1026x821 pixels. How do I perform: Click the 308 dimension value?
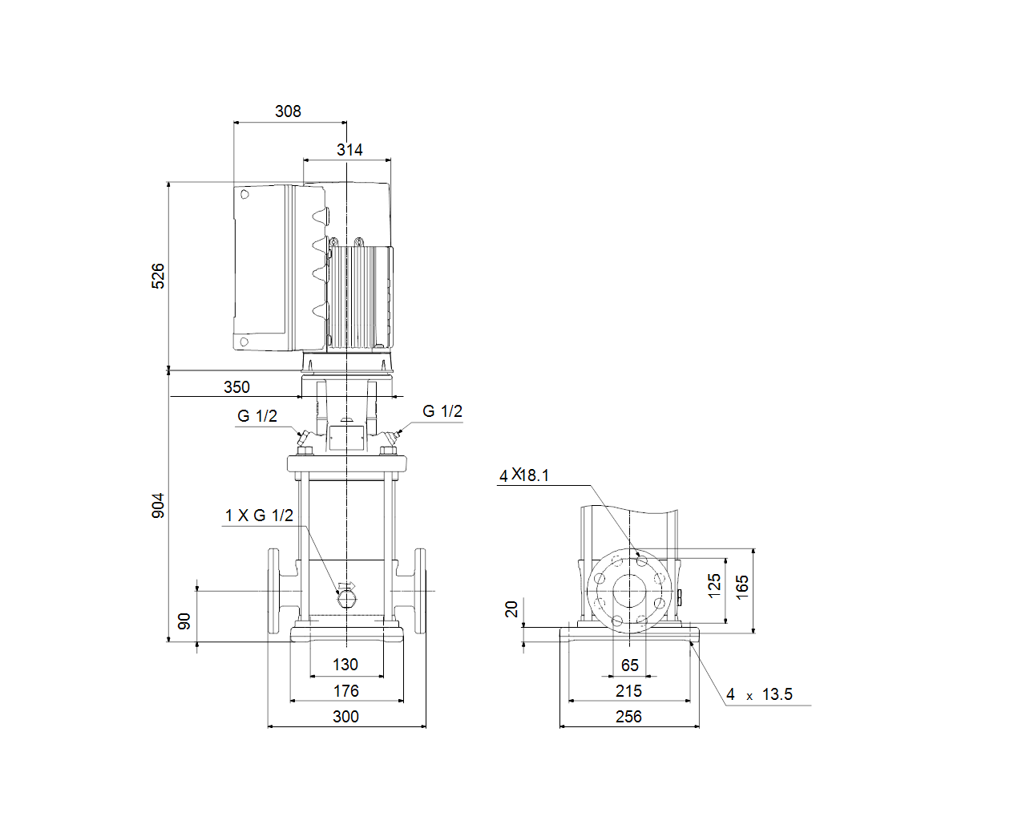click(288, 111)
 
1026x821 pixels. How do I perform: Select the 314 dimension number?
click(349, 150)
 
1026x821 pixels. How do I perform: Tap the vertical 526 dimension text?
click(158, 276)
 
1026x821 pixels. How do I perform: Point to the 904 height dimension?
click(158, 506)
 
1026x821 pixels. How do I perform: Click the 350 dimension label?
click(236, 387)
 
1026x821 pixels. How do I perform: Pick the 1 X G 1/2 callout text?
click(259, 516)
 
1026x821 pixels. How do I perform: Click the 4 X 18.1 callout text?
click(524, 475)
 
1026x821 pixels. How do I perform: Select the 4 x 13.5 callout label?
click(759, 694)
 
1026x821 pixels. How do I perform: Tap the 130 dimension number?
click(345, 665)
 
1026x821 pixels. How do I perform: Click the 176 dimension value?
click(346, 691)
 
